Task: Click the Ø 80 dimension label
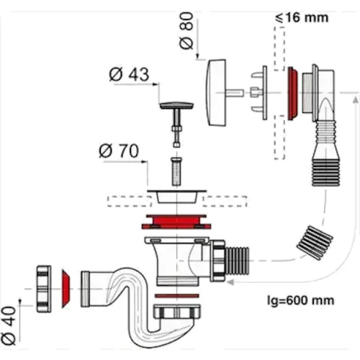click(x=186, y=31)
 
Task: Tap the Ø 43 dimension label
click(x=129, y=74)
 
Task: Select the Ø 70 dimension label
click(x=119, y=151)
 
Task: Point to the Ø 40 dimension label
click(x=9, y=325)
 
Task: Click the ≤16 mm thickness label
click(x=302, y=18)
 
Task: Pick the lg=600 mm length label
click(x=300, y=300)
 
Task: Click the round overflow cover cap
click(x=216, y=92)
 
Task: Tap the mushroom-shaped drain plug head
click(x=176, y=105)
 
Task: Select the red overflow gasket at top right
click(x=292, y=93)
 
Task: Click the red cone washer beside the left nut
click(x=66, y=289)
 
